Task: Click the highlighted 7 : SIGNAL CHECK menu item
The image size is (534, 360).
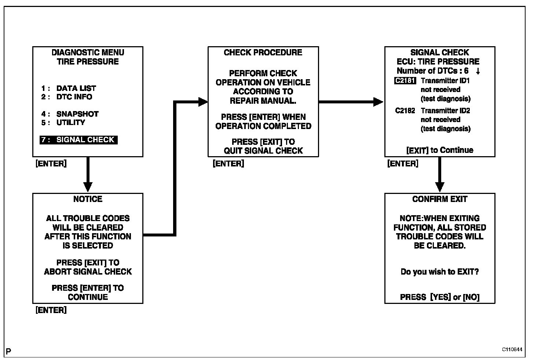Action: click(78, 140)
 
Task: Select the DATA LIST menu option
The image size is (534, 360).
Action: click(76, 88)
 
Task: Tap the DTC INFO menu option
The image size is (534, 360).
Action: click(74, 97)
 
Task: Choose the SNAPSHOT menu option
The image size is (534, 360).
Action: click(77, 114)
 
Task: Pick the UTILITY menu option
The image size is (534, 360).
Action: click(70, 122)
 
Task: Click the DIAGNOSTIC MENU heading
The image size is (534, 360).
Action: click(88, 52)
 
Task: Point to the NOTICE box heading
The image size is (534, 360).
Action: click(88, 199)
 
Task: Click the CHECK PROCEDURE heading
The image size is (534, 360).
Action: click(263, 52)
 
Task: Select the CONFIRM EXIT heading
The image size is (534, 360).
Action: click(440, 199)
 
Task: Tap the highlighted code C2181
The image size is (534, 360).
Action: click(405, 81)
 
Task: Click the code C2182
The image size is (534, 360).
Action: click(405, 111)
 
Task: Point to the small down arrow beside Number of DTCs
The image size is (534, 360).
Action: click(478, 71)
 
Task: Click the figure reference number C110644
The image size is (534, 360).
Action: click(512, 349)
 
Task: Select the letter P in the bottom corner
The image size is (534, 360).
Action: click(8, 352)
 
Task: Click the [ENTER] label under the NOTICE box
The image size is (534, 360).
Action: click(51, 310)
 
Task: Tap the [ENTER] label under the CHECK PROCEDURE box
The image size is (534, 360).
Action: click(228, 164)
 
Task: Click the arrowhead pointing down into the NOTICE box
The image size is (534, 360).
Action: click(88, 187)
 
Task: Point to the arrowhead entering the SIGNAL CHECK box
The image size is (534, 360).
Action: click(378, 102)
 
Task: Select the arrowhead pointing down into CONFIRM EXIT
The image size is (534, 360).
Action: click(439, 187)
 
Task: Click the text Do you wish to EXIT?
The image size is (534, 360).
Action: click(440, 272)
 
